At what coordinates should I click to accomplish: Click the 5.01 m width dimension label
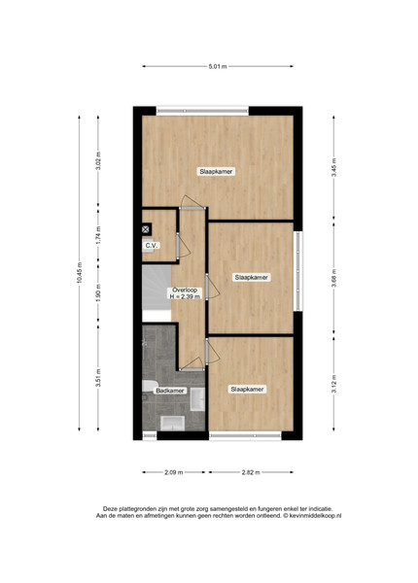(x=218, y=66)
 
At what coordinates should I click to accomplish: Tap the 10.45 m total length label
(x=79, y=273)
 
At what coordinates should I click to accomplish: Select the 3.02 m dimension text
(x=98, y=160)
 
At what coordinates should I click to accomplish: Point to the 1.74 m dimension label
(x=98, y=235)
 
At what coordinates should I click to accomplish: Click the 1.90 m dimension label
(x=98, y=293)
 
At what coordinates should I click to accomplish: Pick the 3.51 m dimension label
(x=98, y=378)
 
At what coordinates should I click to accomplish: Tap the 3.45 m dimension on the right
(x=333, y=168)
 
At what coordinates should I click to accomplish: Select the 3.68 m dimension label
(x=333, y=278)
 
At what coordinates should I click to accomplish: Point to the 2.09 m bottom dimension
(x=174, y=472)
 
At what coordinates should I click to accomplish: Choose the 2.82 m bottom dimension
(x=251, y=472)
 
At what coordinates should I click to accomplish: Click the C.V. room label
(x=152, y=246)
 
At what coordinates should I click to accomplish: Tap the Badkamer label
(x=170, y=391)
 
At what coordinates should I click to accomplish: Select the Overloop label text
(x=185, y=291)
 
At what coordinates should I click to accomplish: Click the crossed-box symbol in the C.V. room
(x=146, y=229)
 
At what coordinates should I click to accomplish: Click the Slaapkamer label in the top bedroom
(x=216, y=171)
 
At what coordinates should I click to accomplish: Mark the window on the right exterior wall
(x=298, y=271)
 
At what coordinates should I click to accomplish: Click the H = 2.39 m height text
(x=185, y=296)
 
